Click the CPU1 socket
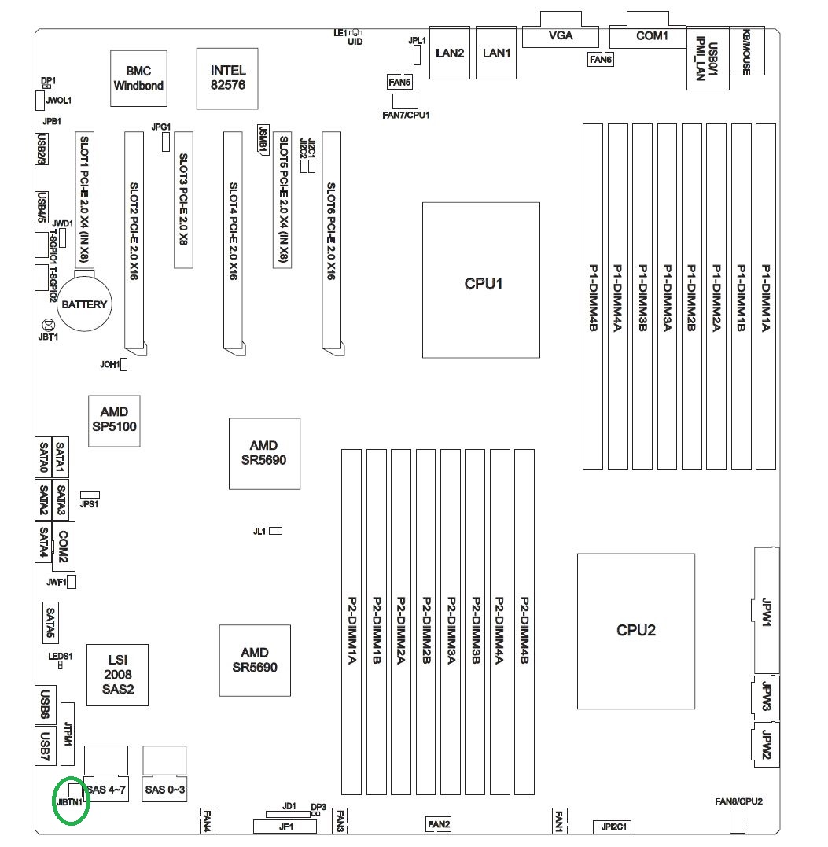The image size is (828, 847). click(481, 282)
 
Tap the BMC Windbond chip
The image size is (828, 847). click(138, 78)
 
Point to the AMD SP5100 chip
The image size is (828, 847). click(114, 419)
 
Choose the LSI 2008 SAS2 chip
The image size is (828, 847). click(117, 675)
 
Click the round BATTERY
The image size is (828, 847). click(84, 304)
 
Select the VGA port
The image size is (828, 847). click(560, 35)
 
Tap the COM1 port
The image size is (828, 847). click(651, 35)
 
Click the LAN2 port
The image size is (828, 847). click(450, 53)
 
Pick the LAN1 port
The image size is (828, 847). click(496, 53)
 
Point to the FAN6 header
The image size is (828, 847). click(600, 59)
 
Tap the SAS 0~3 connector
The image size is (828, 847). click(164, 789)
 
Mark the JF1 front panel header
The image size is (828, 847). click(285, 827)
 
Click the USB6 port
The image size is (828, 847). click(46, 705)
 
